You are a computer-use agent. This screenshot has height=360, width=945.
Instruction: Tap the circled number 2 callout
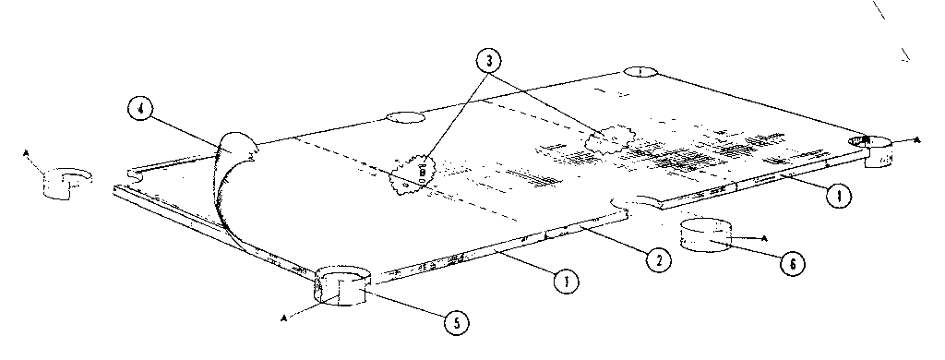tap(657, 260)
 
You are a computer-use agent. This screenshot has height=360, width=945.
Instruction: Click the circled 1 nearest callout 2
tap(559, 281)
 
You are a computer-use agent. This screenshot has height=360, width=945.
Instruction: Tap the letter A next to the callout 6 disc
tap(765, 238)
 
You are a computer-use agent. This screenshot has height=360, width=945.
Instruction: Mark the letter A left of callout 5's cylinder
tap(283, 317)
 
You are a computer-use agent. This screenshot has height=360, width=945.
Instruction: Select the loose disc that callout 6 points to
tap(706, 235)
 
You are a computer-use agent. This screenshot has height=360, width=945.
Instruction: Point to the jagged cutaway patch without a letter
tap(607, 140)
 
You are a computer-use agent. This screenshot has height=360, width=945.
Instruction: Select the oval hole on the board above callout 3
tap(640, 72)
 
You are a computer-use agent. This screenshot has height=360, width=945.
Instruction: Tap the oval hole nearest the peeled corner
tap(404, 118)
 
